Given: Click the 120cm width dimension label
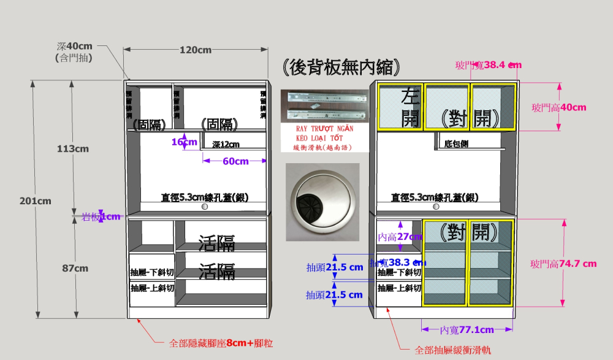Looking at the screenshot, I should (x=196, y=50).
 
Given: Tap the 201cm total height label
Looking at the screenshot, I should (x=35, y=201).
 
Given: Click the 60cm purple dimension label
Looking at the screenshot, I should (x=234, y=161).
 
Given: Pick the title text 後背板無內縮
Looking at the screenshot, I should (x=342, y=67).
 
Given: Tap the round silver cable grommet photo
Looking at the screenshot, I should (x=322, y=203).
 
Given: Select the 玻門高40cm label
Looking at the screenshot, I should (x=558, y=107).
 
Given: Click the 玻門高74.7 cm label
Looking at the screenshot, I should (x=563, y=264).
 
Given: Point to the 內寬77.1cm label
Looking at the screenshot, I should (x=467, y=330).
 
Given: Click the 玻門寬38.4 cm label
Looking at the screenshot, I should (x=488, y=64).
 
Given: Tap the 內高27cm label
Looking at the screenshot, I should (x=400, y=237).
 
